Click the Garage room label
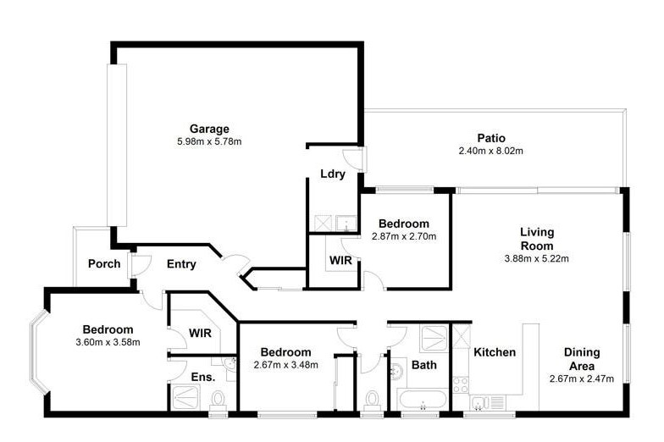pyautogui.click(x=209, y=129)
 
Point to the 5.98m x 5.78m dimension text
pyautogui.click(x=209, y=142)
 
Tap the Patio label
pyautogui.click(x=491, y=138)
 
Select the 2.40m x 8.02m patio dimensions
pyautogui.click(x=491, y=151)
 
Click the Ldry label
pyautogui.click(x=333, y=174)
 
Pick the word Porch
pyautogui.click(x=104, y=264)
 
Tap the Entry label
pyautogui.click(x=181, y=264)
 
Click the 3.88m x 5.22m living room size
pyautogui.click(x=537, y=258)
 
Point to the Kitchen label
pyautogui.click(x=495, y=352)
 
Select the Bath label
pyautogui.click(x=423, y=365)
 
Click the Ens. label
pyautogui.click(x=203, y=377)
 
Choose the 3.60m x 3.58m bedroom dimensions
pyautogui.click(x=108, y=342)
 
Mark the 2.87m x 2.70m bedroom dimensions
pyautogui.click(x=404, y=236)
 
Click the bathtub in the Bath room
pyautogui.click(x=422, y=400)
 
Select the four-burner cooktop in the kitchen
pyautogui.click(x=461, y=384)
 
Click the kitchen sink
pyautogui.click(x=478, y=403)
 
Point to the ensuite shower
pyautogui.click(x=185, y=397)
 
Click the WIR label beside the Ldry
pyautogui.click(x=340, y=260)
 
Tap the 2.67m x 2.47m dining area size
pyautogui.click(x=582, y=379)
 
